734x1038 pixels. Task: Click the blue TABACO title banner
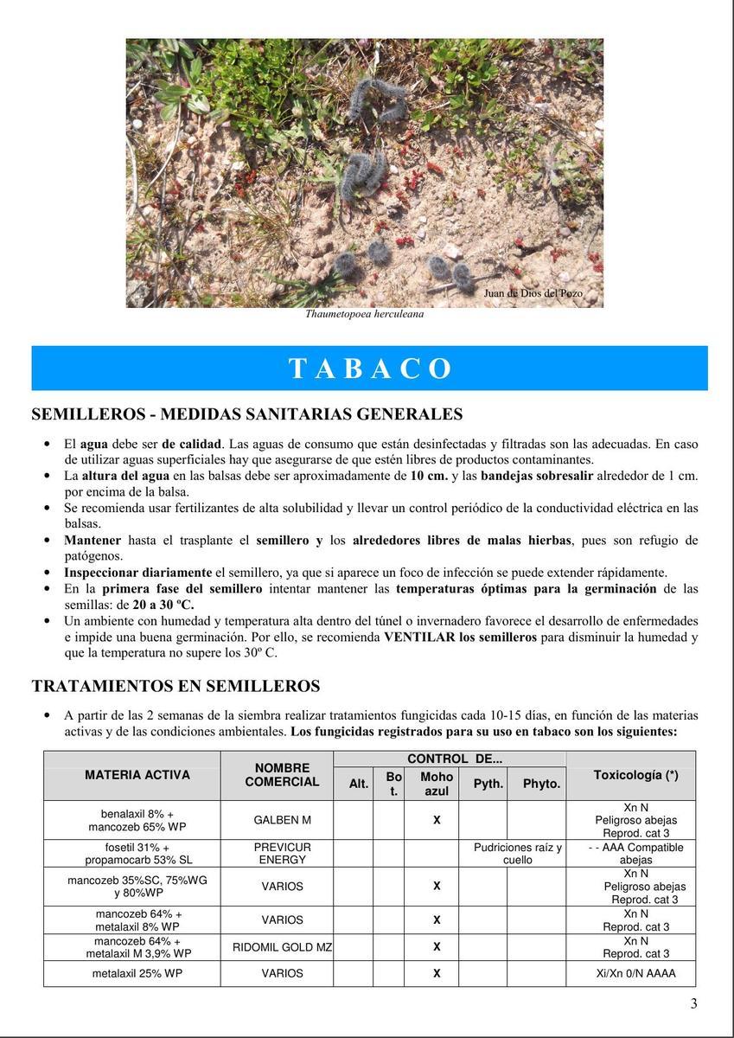pyautogui.click(x=369, y=368)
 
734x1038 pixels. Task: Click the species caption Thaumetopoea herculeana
pyautogui.click(x=364, y=315)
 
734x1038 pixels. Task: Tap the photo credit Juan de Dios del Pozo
pyautogui.click(x=533, y=293)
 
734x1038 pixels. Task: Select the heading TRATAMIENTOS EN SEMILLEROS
pyautogui.click(x=176, y=686)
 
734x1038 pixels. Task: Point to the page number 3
pyautogui.click(x=693, y=1003)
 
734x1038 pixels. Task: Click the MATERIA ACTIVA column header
pyautogui.click(x=137, y=775)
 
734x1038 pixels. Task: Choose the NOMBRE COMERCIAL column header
pyautogui.click(x=282, y=775)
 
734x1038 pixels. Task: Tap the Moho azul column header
pyautogui.click(x=437, y=784)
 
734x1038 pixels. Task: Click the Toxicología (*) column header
pyautogui.click(x=635, y=775)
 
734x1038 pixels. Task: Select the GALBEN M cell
pyautogui.click(x=282, y=820)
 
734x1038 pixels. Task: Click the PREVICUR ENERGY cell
pyautogui.click(x=282, y=854)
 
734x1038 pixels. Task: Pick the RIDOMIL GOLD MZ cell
pyautogui.click(x=282, y=947)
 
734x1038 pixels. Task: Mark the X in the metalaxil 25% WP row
pyautogui.click(x=437, y=974)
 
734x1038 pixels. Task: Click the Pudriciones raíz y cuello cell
pyautogui.click(x=517, y=854)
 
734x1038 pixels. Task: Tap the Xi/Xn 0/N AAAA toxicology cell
pyautogui.click(x=635, y=974)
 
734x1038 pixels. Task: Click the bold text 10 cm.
pyautogui.click(x=427, y=476)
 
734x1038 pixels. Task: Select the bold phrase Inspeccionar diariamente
pyautogui.click(x=137, y=573)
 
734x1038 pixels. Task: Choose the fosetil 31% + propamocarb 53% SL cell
pyautogui.click(x=131, y=854)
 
